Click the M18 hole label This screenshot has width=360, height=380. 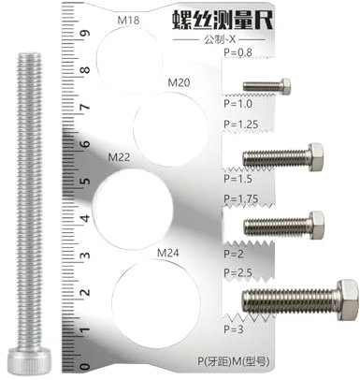[128, 19]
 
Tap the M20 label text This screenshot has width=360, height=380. [179, 83]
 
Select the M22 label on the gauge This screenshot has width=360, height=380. [121, 156]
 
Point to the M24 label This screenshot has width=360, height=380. [168, 253]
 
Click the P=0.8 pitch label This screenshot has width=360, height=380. [238, 53]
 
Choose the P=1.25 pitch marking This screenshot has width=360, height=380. [240, 124]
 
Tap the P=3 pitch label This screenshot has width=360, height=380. [233, 329]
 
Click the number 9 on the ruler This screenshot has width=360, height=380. [83, 35]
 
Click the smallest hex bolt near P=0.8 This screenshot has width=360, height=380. [266, 86]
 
